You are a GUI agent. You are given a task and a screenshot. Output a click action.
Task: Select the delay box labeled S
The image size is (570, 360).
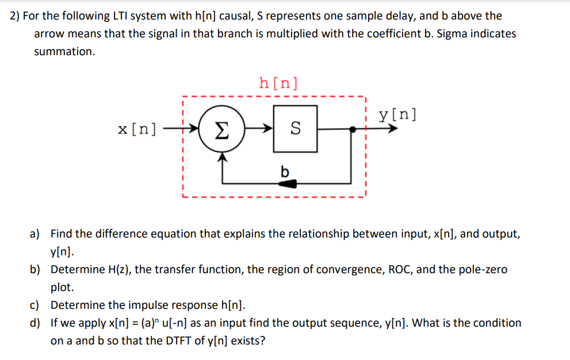[295, 129]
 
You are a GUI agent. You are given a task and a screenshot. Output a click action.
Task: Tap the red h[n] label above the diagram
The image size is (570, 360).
[278, 83]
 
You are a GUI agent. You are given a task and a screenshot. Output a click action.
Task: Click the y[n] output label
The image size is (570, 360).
[397, 114]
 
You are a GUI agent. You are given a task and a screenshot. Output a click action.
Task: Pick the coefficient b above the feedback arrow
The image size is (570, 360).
[284, 171]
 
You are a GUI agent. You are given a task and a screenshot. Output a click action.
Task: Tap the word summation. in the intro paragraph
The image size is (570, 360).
[64, 51]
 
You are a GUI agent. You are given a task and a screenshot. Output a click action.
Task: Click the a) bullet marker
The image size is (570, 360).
[35, 234]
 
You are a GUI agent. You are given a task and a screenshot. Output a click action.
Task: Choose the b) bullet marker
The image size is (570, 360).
[35, 269]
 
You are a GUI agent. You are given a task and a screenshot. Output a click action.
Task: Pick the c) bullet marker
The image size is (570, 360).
[35, 305]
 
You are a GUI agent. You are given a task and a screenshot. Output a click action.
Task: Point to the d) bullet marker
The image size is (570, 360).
[35, 323]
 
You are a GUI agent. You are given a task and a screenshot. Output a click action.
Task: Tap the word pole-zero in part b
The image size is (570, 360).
[484, 269]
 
